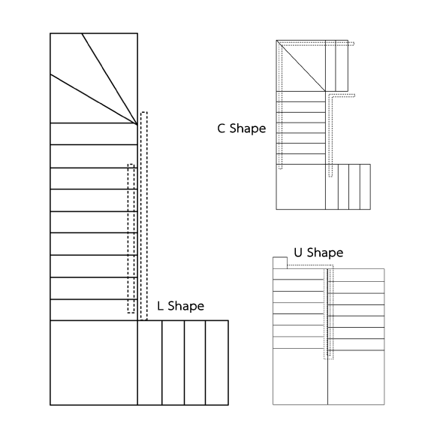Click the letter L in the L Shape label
[160, 306]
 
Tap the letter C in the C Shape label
[221, 129]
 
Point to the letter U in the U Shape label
[298, 253]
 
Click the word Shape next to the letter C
[248, 129]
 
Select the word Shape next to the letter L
[186, 307]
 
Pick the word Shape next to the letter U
[325, 253]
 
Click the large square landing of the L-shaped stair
[94, 362]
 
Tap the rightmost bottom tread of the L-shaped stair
[217, 362]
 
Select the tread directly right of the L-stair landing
[149, 362]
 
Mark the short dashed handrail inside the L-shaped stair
[131, 238]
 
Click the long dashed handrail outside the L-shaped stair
[144, 216]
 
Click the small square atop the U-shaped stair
[280, 263]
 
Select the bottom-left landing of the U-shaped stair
[300, 377]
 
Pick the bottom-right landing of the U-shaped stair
[356, 377]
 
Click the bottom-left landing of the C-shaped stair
[301, 186]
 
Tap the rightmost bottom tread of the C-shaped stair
[365, 186]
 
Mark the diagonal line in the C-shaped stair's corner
[301, 65]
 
